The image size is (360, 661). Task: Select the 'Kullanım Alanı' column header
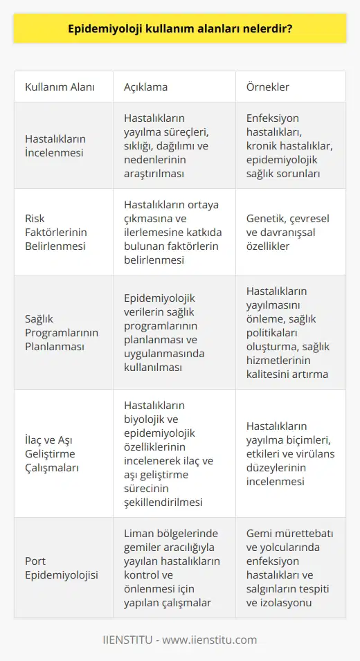coord(60,88)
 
